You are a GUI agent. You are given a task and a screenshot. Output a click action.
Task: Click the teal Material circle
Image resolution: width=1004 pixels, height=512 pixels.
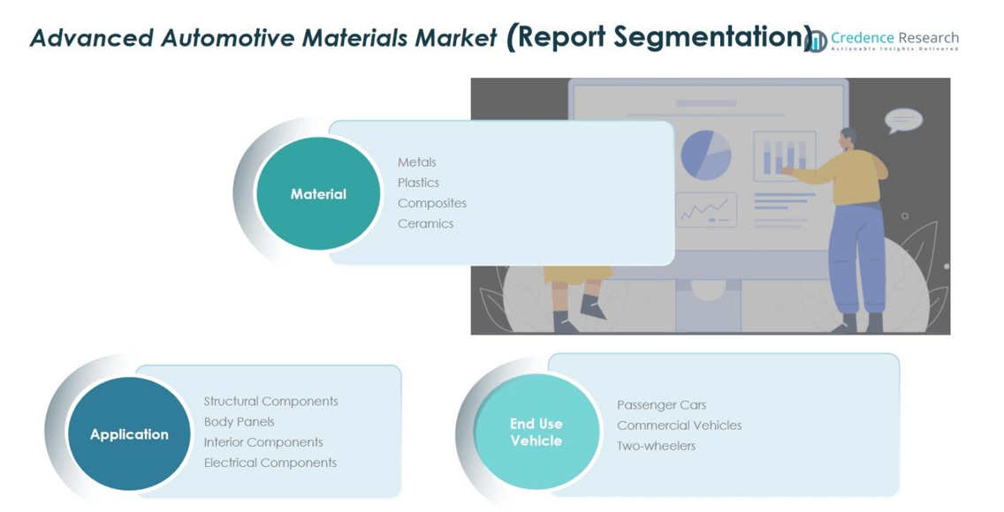(x=318, y=193)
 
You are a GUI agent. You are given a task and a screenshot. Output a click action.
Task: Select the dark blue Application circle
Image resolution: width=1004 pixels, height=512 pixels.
(x=129, y=434)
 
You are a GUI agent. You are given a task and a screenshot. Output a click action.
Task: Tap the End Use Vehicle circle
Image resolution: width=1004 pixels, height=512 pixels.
(x=536, y=432)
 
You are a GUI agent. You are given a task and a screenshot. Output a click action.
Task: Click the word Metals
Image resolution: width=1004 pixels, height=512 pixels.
(x=417, y=162)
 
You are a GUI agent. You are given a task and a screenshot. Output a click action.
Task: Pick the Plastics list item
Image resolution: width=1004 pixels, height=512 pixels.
(x=418, y=183)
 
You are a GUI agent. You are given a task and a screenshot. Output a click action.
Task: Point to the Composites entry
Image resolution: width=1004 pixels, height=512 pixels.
(x=432, y=203)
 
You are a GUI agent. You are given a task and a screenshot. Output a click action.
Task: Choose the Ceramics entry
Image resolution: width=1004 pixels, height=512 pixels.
(x=425, y=223)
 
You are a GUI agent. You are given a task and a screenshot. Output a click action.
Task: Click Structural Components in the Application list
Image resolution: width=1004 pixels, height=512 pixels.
(x=270, y=402)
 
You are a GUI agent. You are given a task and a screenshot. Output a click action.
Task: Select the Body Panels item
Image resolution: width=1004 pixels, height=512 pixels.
(x=239, y=422)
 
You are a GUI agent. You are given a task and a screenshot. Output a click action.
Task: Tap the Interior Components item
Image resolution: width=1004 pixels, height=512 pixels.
(x=263, y=442)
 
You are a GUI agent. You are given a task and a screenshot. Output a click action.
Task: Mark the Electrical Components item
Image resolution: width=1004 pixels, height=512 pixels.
(x=270, y=463)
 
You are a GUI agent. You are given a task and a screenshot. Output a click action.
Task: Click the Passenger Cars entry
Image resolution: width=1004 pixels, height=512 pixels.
(x=661, y=405)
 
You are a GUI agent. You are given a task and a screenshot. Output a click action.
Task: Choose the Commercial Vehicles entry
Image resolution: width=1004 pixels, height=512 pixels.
(x=680, y=425)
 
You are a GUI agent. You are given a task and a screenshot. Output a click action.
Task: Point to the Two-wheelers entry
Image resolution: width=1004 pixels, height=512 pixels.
(x=657, y=446)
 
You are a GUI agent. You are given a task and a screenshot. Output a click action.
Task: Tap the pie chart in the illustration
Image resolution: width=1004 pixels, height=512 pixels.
(x=705, y=155)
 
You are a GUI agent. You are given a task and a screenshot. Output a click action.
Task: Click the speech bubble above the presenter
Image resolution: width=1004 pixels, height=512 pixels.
(x=903, y=120)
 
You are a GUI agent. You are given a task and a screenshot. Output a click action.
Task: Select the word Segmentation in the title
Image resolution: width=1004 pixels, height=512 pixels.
(x=708, y=38)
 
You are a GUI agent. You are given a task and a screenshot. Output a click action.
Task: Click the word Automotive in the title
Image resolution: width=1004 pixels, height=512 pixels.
(x=227, y=38)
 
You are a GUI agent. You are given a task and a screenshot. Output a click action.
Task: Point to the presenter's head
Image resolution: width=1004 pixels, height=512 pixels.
(x=849, y=138)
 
